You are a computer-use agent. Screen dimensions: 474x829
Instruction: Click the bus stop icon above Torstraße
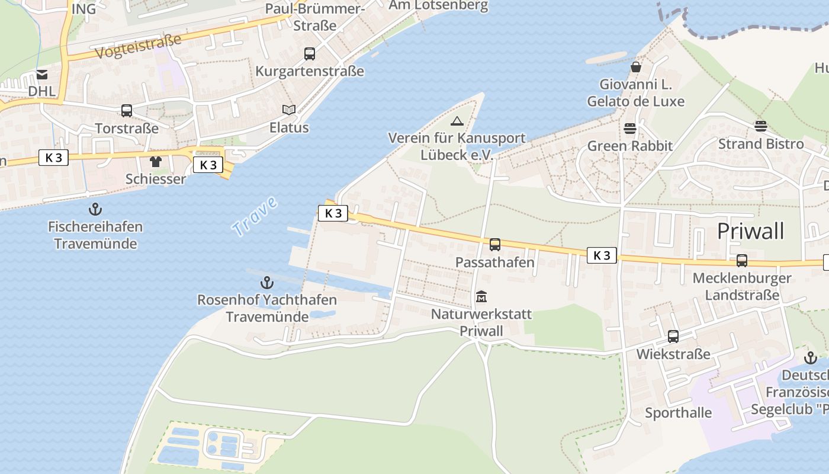pos(127,110)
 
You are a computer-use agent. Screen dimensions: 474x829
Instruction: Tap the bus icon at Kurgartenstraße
pos(309,54)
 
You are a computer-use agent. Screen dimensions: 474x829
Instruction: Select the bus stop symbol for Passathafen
pos(495,244)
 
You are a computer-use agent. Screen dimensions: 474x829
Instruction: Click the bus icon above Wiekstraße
pos(673,337)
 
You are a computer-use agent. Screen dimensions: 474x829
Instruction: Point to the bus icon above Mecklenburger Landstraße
pos(741,260)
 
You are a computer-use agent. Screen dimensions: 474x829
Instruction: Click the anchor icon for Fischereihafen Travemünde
pos(95,209)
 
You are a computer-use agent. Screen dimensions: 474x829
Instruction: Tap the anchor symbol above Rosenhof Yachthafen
pos(267,282)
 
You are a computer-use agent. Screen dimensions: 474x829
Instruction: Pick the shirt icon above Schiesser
pos(156,161)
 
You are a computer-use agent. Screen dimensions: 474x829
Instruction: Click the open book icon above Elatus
pos(289,110)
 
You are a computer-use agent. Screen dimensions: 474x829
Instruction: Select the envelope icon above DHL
pos(41,75)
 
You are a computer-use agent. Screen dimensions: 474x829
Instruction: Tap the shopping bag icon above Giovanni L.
pos(635,67)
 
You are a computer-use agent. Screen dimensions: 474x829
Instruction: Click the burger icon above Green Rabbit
pos(629,128)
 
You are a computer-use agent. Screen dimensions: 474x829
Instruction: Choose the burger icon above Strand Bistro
pos(761,126)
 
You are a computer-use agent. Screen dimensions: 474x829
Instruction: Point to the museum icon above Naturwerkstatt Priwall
pos(481,296)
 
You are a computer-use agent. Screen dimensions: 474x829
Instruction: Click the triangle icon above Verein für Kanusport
pos(456,121)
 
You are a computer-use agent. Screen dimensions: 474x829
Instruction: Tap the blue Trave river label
pos(255,217)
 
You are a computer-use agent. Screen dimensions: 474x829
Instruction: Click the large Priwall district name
pos(750,231)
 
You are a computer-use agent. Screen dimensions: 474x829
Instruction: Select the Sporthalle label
pos(678,412)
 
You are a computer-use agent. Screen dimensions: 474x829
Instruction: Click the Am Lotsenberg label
pos(438,6)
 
